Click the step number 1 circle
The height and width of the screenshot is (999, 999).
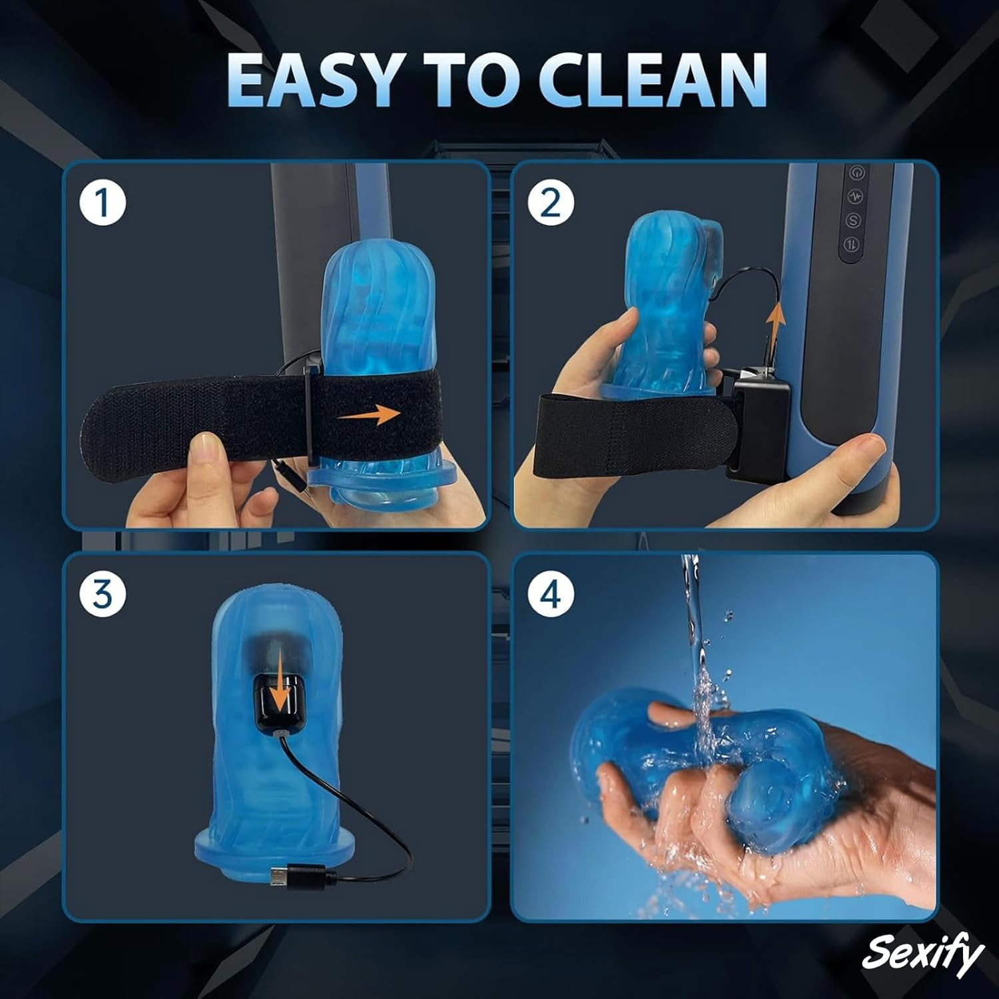103,203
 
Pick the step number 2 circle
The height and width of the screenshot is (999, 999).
550,203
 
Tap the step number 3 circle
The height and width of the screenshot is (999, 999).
103,593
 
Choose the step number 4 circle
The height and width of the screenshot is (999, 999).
550,593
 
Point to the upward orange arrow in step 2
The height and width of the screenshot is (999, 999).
774,324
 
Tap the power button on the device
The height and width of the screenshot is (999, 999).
855,172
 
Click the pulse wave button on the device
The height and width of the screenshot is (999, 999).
855,196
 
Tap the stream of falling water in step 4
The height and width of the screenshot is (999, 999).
693,619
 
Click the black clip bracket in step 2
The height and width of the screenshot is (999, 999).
756,426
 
